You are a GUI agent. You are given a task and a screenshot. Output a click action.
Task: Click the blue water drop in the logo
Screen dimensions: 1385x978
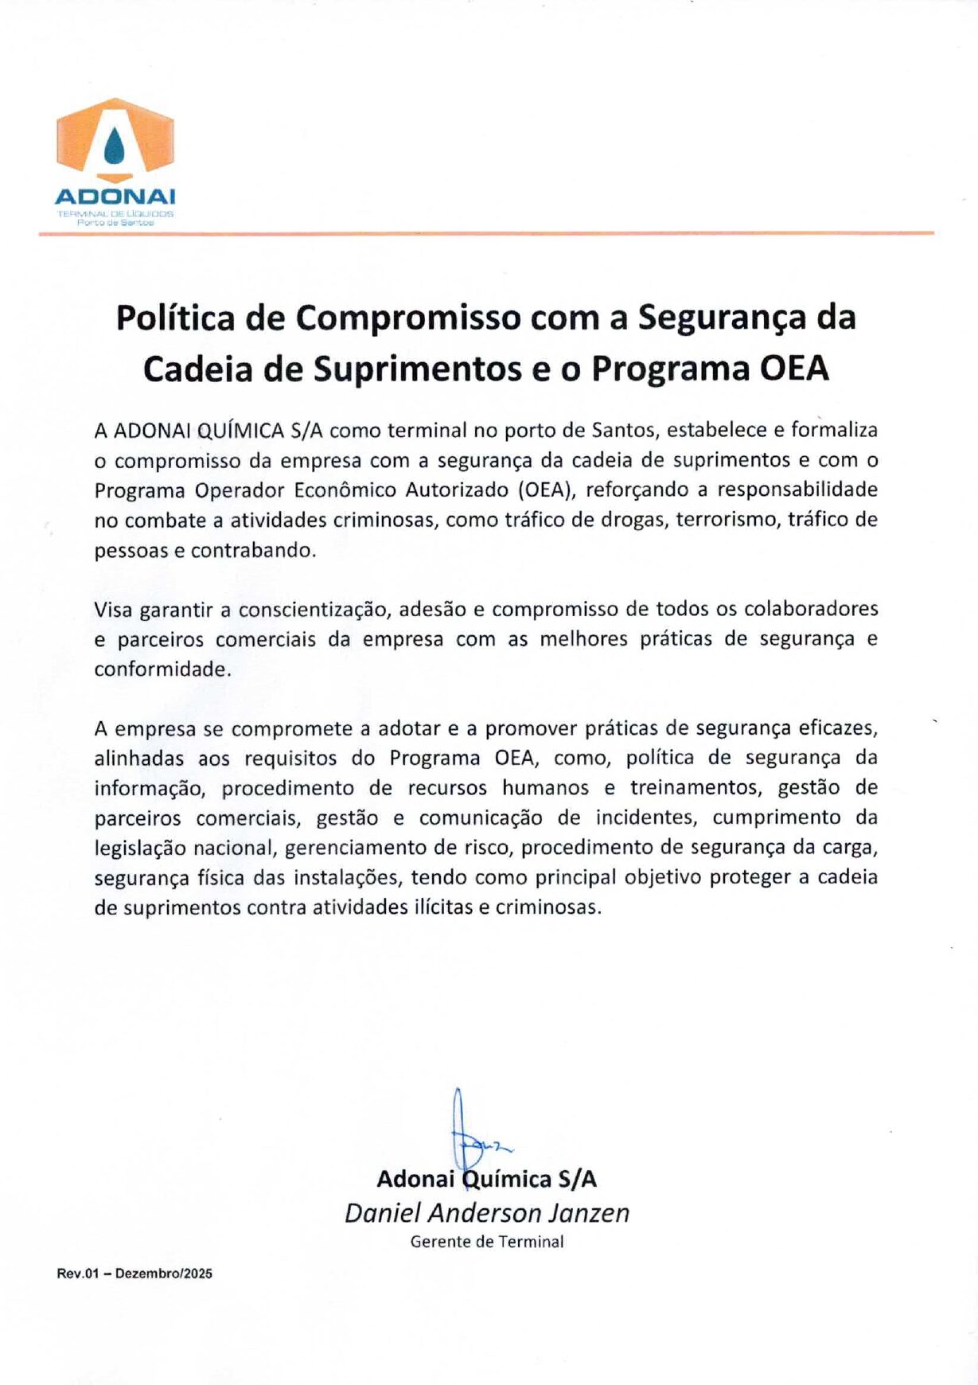(115, 145)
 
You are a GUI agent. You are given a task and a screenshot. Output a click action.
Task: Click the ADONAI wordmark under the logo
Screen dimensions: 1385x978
(115, 197)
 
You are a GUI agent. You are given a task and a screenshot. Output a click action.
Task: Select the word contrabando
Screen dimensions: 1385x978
(252, 551)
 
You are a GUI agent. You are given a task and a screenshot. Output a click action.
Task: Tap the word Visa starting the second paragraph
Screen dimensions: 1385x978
(114, 610)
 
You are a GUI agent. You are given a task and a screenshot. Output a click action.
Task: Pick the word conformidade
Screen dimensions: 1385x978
(162, 669)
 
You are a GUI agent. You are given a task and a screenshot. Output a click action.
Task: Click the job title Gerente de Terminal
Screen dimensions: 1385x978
(487, 1242)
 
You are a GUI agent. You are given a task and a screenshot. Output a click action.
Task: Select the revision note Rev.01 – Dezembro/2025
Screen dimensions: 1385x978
(134, 1274)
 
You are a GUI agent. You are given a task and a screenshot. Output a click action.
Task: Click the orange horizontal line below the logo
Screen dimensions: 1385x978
(486, 233)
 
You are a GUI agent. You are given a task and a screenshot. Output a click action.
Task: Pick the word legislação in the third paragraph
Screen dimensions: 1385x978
(143, 849)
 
